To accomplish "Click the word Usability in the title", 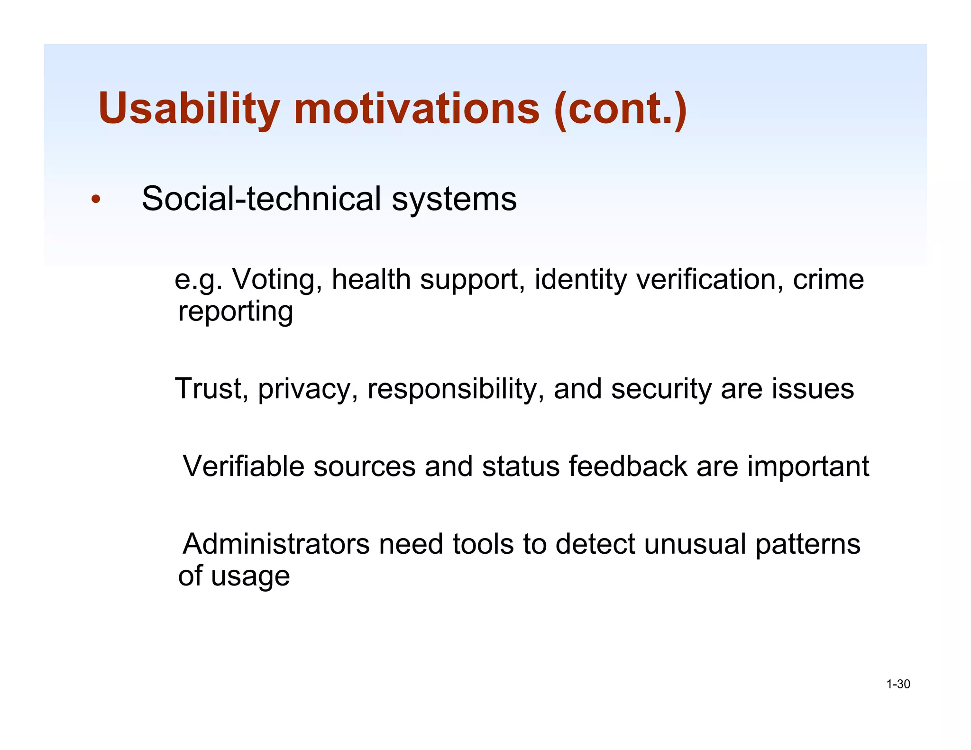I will (189, 109).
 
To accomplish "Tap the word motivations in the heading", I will (416, 109).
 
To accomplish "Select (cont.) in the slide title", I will (620, 109).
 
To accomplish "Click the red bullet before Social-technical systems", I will (96, 200).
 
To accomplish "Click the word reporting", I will (236, 312).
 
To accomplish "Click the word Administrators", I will (276, 544).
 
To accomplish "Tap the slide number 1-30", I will (898, 684).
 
